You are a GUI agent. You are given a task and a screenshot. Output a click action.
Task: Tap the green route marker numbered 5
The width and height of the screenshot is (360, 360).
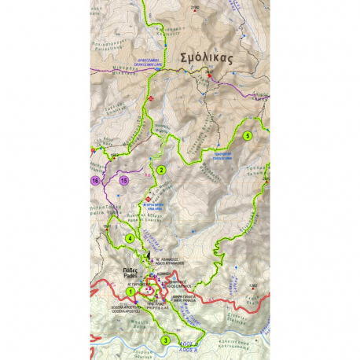[247, 135]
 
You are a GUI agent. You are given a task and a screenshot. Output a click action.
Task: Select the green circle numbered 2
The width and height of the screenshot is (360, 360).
[160, 170]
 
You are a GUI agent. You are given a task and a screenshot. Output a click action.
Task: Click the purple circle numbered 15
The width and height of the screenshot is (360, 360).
[123, 181]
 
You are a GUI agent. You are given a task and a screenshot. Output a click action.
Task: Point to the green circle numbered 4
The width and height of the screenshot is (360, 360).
[129, 238]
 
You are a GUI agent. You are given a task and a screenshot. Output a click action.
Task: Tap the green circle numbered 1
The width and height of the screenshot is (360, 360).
[130, 292]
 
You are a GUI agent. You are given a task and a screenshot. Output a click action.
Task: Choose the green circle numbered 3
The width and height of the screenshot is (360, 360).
[165, 340]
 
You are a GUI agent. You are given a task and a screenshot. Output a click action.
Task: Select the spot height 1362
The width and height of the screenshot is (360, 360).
[252, 285]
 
